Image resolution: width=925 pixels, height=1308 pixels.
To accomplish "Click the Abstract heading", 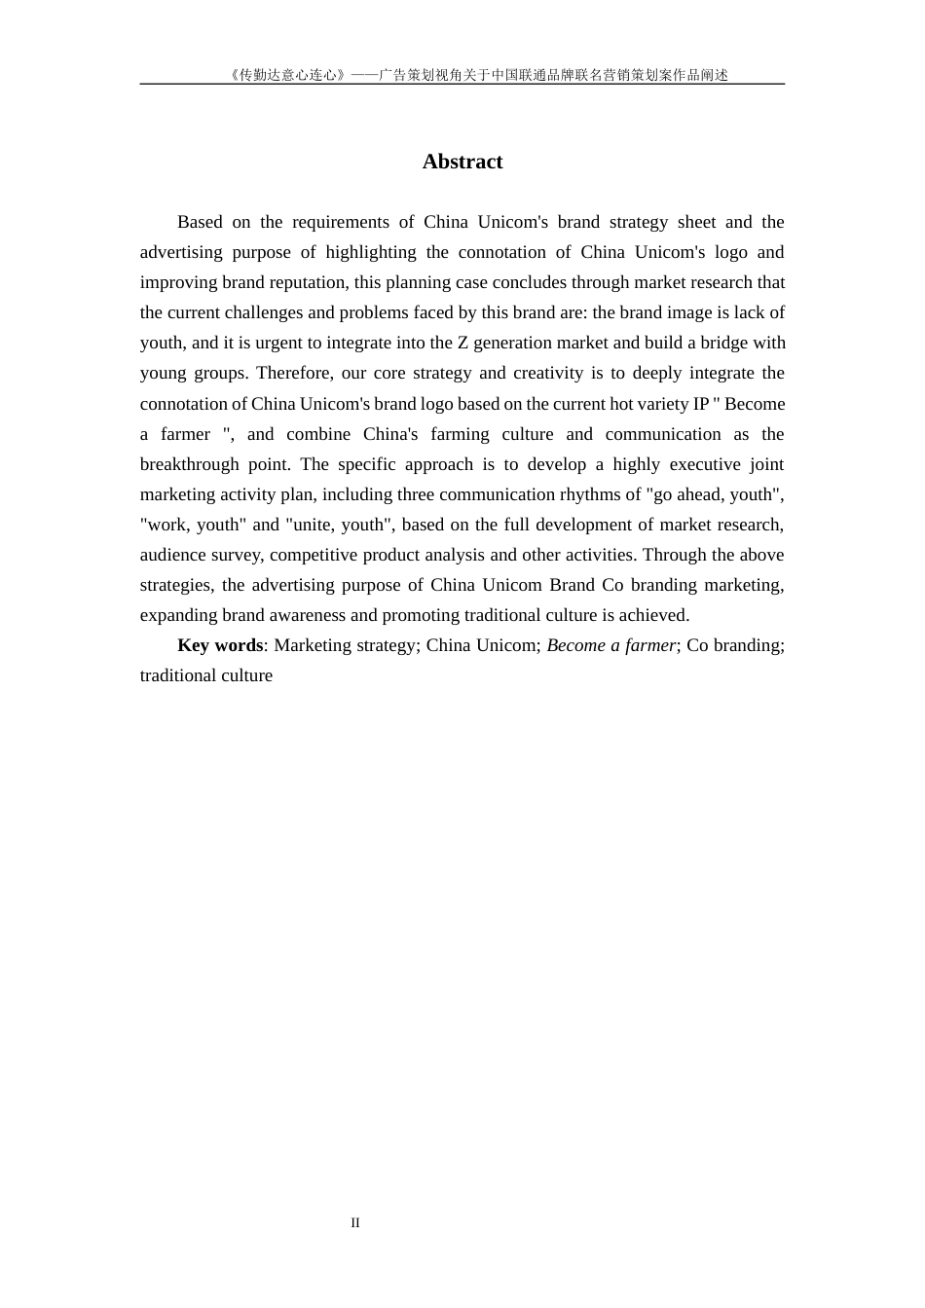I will click(x=462, y=162).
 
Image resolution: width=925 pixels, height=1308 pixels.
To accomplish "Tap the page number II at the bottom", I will click(x=355, y=1223).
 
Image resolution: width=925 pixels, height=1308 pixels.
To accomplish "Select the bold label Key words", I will click(x=220, y=645).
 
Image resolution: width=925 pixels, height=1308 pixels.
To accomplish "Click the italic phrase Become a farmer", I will click(x=610, y=645).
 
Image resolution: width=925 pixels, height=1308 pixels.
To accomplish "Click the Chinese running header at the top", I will click(x=477, y=75).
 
